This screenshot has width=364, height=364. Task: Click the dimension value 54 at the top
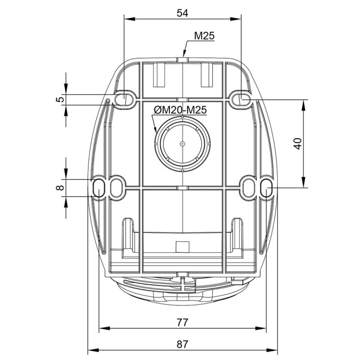182,13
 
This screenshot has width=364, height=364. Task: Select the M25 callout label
204,36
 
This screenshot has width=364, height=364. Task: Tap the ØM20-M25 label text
180,110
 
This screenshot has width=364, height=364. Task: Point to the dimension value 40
298,144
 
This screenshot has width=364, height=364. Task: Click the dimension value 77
182,322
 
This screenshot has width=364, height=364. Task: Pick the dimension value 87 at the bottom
182,344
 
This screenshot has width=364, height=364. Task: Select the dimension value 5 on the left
60,100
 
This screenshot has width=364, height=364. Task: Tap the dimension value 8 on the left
60,188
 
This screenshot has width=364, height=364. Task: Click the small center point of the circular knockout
183,144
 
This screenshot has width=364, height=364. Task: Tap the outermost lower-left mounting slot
99,187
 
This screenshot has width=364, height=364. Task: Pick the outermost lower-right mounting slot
266,187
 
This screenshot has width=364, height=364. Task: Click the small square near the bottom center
183,247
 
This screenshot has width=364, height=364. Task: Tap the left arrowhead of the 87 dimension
93,350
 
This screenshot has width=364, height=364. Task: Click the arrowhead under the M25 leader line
184,53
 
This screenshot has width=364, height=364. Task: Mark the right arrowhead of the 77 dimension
261,328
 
